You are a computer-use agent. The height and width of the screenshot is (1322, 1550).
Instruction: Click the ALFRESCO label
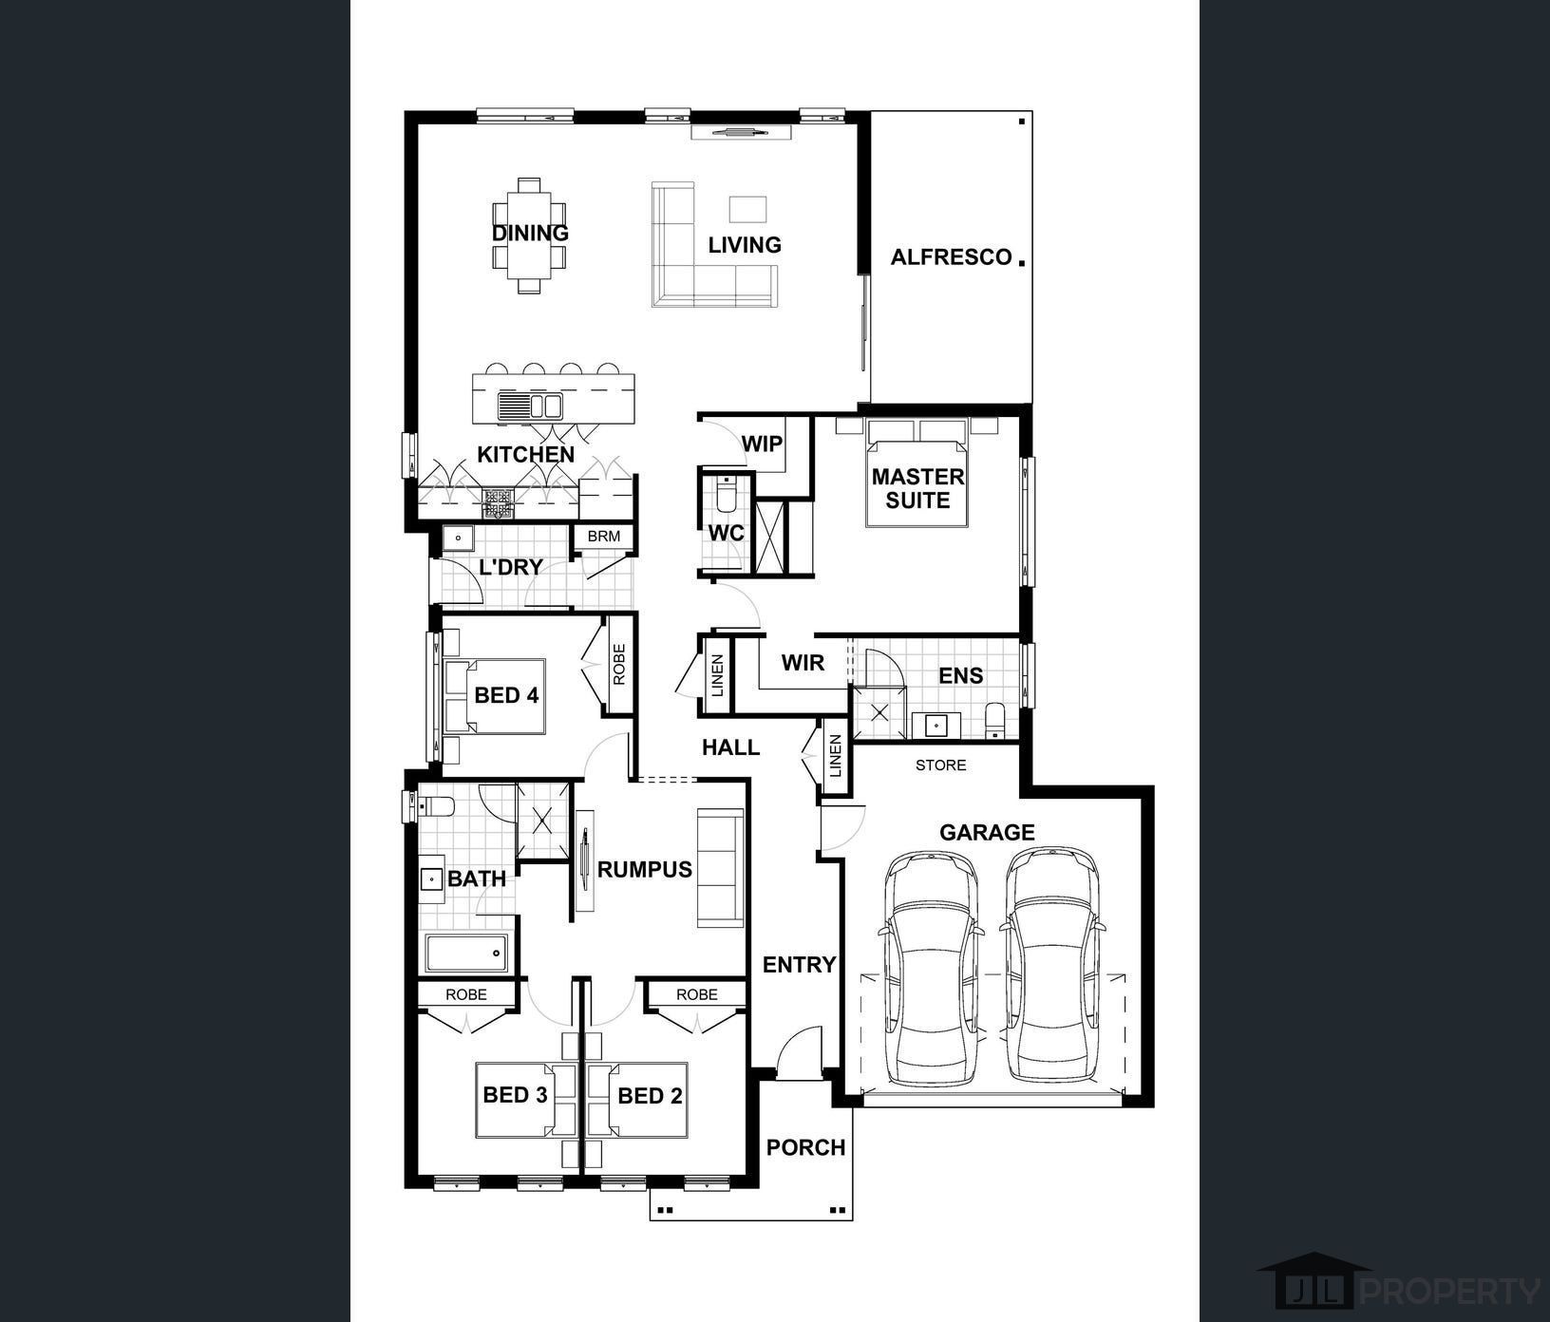(951, 257)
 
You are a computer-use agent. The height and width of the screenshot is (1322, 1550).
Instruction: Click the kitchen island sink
(530, 406)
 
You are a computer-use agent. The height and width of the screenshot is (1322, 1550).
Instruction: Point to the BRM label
(603, 536)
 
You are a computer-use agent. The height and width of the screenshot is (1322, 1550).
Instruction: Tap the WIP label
(762, 444)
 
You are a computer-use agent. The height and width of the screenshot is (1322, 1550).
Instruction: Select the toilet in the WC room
(726, 493)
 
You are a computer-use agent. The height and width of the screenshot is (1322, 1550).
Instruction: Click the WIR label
(803, 662)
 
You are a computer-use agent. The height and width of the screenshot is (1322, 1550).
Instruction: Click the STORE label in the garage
(940, 765)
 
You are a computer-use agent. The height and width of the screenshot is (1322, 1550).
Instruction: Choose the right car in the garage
(1050, 964)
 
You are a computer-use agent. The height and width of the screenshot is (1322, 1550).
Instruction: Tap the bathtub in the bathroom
(466, 953)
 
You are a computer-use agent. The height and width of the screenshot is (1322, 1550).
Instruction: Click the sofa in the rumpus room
(720, 867)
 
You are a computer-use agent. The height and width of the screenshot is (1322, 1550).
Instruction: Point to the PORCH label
(805, 1147)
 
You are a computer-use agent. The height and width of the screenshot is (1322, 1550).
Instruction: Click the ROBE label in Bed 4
(619, 665)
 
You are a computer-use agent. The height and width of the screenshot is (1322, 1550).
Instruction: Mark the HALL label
(730, 747)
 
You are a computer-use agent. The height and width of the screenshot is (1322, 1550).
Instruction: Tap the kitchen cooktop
(498, 502)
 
